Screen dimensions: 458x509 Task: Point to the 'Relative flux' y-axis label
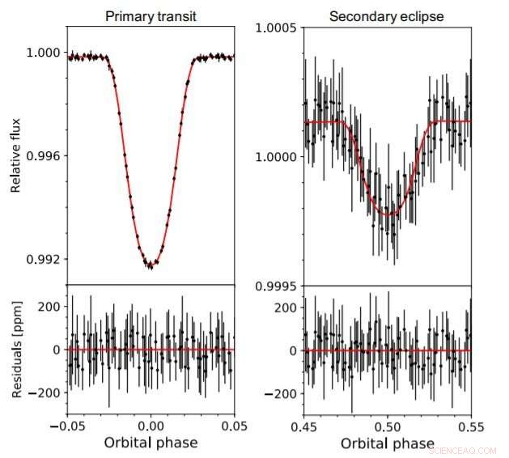(x=16, y=155)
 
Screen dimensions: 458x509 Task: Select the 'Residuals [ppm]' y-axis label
(x=16, y=349)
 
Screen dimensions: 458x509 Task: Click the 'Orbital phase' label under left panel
(x=151, y=443)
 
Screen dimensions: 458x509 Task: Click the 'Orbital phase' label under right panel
(x=387, y=443)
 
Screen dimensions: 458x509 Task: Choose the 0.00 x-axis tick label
(x=151, y=423)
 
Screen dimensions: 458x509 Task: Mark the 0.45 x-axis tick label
(x=304, y=423)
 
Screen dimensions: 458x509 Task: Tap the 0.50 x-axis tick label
(x=388, y=423)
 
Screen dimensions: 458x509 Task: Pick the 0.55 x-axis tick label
(x=470, y=423)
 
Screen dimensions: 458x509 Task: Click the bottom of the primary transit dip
(x=151, y=265)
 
